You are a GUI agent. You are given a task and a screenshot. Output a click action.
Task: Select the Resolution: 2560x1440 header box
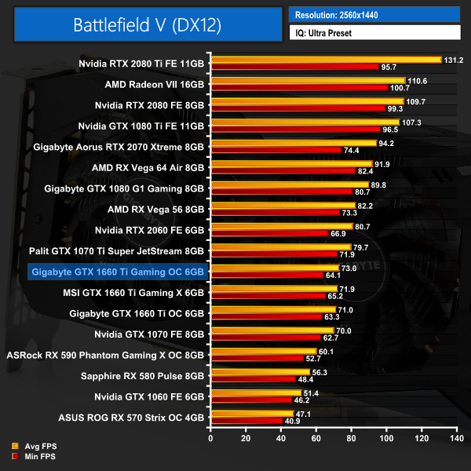[x=374, y=14]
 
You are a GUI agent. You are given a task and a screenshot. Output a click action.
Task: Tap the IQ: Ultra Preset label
[x=374, y=33]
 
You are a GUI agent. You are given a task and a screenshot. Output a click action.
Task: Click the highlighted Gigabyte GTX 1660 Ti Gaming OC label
[x=116, y=272]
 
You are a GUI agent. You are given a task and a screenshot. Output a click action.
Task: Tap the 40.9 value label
[x=291, y=421]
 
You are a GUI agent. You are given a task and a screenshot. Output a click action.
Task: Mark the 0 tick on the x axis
[x=210, y=438]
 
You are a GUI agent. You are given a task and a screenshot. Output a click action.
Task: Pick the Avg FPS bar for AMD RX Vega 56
[x=282, y=206]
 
